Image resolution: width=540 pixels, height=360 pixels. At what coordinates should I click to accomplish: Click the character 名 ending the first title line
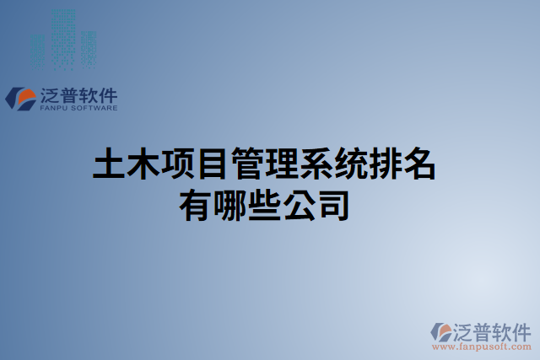tap(420, 164)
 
